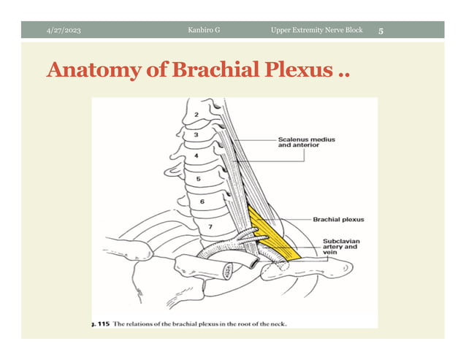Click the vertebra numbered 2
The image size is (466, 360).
click(196, 116)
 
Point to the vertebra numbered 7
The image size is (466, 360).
click(210, 227)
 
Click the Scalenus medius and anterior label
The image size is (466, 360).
click(306, 142)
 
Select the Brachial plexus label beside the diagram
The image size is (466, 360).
click(338, 219)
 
